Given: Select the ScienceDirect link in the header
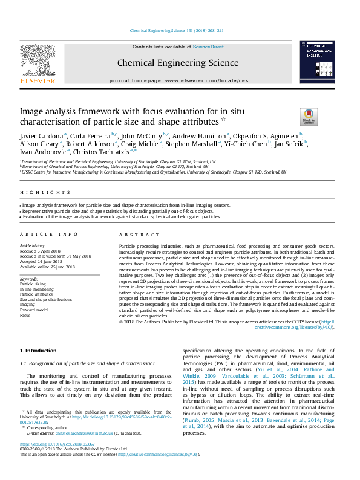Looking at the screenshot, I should click(x=208, y=47).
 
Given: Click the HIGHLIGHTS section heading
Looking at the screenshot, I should click(x=38, y=193).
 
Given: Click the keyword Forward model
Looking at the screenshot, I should click(x=34, y=310).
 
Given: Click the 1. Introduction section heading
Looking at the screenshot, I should click(x=39, y=351).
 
